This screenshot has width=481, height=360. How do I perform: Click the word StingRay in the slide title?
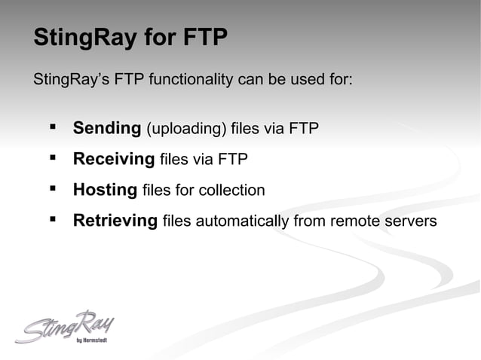click(x=79, y=38)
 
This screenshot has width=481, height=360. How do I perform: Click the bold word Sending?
click(x=107, y=128)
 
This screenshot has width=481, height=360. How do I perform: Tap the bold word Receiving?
click(x=114, y=159)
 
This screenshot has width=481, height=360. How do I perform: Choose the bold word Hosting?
click(x=105, y=190)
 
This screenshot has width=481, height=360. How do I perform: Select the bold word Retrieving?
click(x=115, y=221)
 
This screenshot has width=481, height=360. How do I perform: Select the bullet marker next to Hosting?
click(x=52, y=188)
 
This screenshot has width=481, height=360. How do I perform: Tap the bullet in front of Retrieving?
click(x=52, y=219)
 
